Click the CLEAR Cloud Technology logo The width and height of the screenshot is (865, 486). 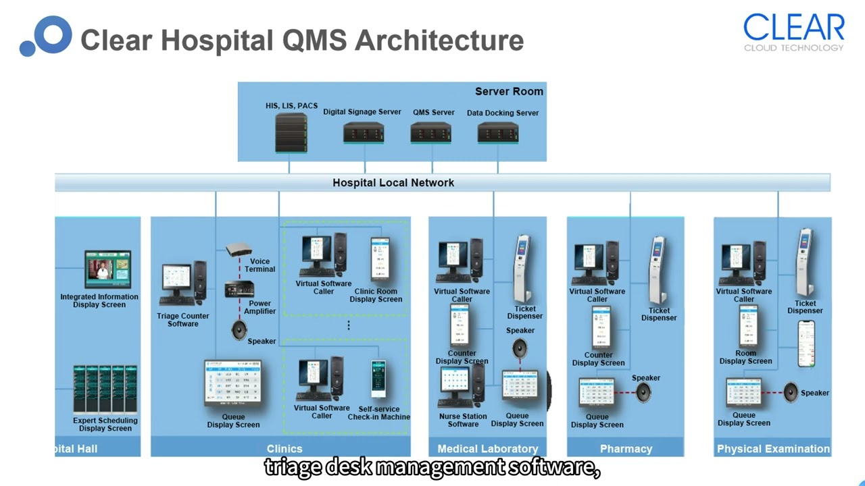click(x=793, y=32)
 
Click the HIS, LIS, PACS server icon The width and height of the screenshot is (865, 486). click(x=291, y=133)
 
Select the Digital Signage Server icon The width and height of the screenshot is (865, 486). click(x=364, y=132)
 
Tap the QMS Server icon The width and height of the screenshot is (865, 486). click(x=431, y=132)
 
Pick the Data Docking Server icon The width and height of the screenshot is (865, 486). click(x=498, y=132)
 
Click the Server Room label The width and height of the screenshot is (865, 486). click(x=509, y=92)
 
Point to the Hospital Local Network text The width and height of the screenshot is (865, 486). click(x=393, y=183)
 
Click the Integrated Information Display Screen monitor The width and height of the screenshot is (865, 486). click(x=107, y=269)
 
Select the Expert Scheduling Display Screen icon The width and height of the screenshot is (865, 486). click(x=105, y=389)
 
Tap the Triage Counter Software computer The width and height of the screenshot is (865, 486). click(x=182, y=284)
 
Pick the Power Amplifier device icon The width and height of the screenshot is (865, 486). click(x=239, y=290)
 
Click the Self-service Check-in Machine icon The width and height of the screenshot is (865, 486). click(x=379, y=379)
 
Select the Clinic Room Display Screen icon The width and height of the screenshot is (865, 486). click(x=379, y=258)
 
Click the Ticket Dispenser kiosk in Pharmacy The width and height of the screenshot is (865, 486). click(x=659, y=271)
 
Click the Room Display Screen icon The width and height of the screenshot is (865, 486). click(x=747, y=325)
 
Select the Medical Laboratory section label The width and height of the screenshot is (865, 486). click(x=487, y=449)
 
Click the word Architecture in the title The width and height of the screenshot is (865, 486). click(x=439, y=40)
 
